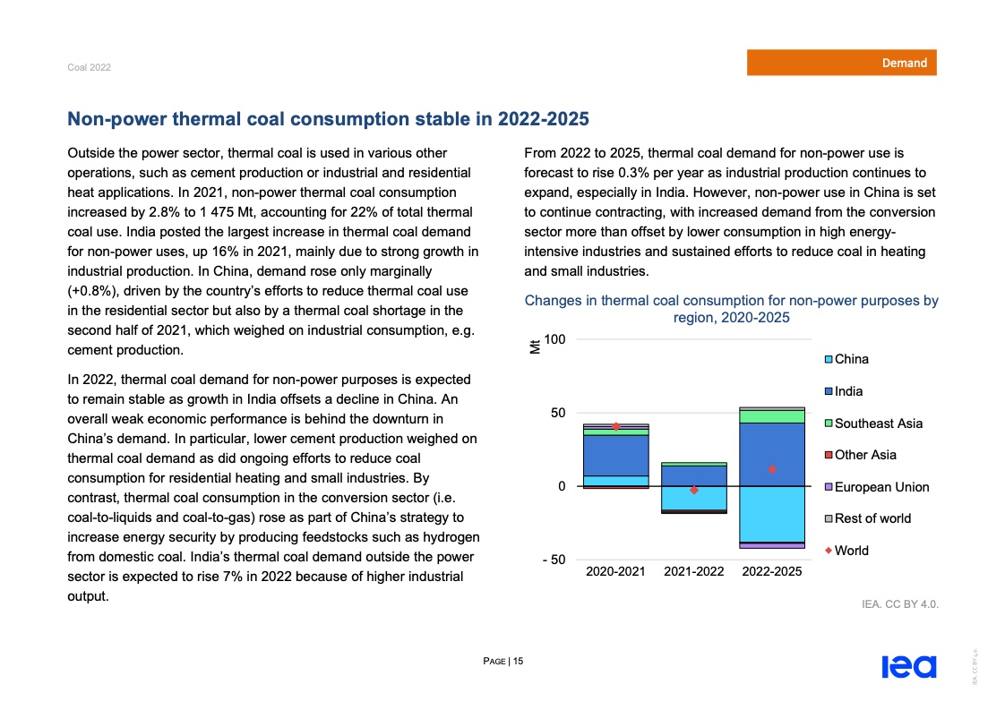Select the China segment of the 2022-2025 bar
tap(771, 514)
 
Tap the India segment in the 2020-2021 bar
tap(615, 455)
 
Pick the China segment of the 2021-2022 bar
tap(693, 498)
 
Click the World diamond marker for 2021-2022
tap(693, 490)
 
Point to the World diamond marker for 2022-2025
tap(771, 469)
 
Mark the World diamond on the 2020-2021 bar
tap(616, 426)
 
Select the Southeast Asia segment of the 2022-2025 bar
tap(771, 416)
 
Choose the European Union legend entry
tap(881, 487)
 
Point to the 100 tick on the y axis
tap(554, 339)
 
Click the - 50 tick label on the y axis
tap(553, 560)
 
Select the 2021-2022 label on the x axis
tap(693, 571)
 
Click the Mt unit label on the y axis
tap(535, 346)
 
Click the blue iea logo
tap(908, 667)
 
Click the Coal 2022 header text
tap(89, 68)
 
